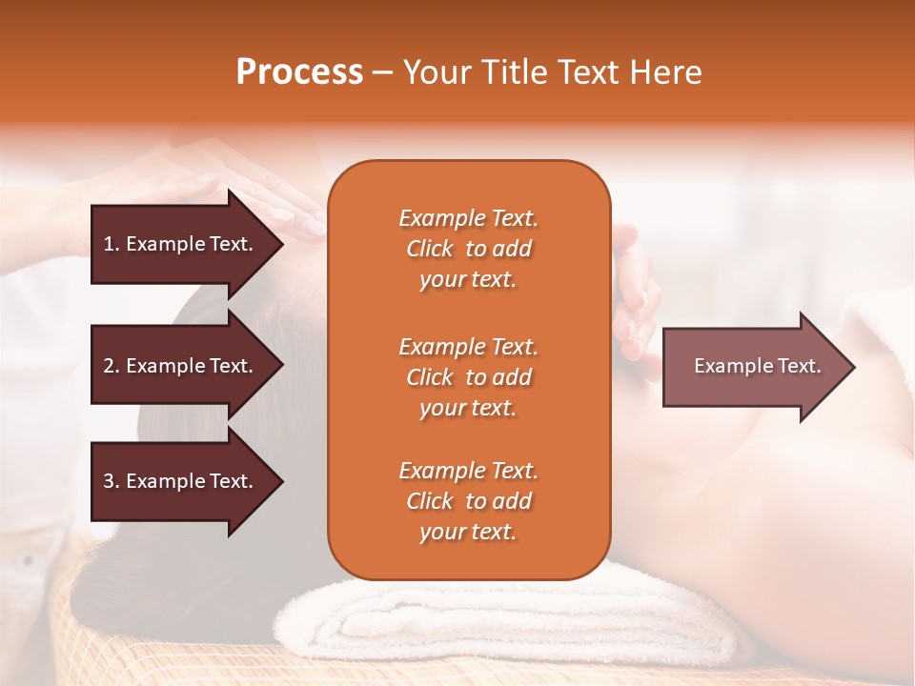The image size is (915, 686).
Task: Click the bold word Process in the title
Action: click(x=299, y=72)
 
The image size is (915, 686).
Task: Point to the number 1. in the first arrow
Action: click(x=112, y=244)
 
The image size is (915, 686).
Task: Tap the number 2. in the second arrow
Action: click(x=112, y=366)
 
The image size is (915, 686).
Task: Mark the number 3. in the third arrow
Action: click(x=112, y=481)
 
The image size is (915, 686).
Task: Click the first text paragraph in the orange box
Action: click(x=468, y=249)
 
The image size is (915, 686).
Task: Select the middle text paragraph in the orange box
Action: click(x=468, y=377)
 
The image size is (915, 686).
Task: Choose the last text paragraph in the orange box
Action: click(x=468, y=501)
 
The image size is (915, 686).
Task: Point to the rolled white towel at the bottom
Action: click(x=515, y=615)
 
